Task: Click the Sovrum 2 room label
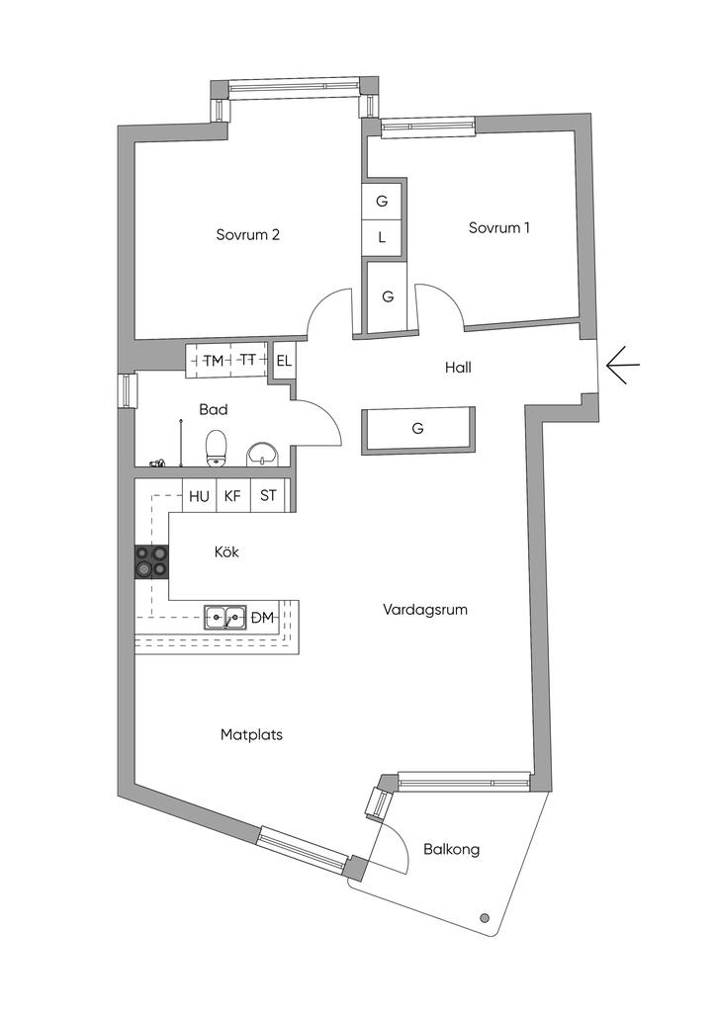point(248,235)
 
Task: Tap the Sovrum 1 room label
point(499,227)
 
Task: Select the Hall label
point(457,368)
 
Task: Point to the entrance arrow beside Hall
point(622,365)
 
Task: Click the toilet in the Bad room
point(217,449)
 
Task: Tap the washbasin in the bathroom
point(262,454)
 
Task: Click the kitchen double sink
point(226,618)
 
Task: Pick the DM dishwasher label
point(262,618)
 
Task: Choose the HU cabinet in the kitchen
point(200,496)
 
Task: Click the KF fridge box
point(232,496)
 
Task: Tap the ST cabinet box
point(268,496)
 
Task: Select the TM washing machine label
point(213,361)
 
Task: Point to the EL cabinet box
point(284,361)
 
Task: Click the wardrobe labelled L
point(382,237)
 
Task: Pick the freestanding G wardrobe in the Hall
point(418,429)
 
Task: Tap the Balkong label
point(452,849)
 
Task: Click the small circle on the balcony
point(485,918)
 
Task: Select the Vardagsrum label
point(425,610)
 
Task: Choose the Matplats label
point(252,734)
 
